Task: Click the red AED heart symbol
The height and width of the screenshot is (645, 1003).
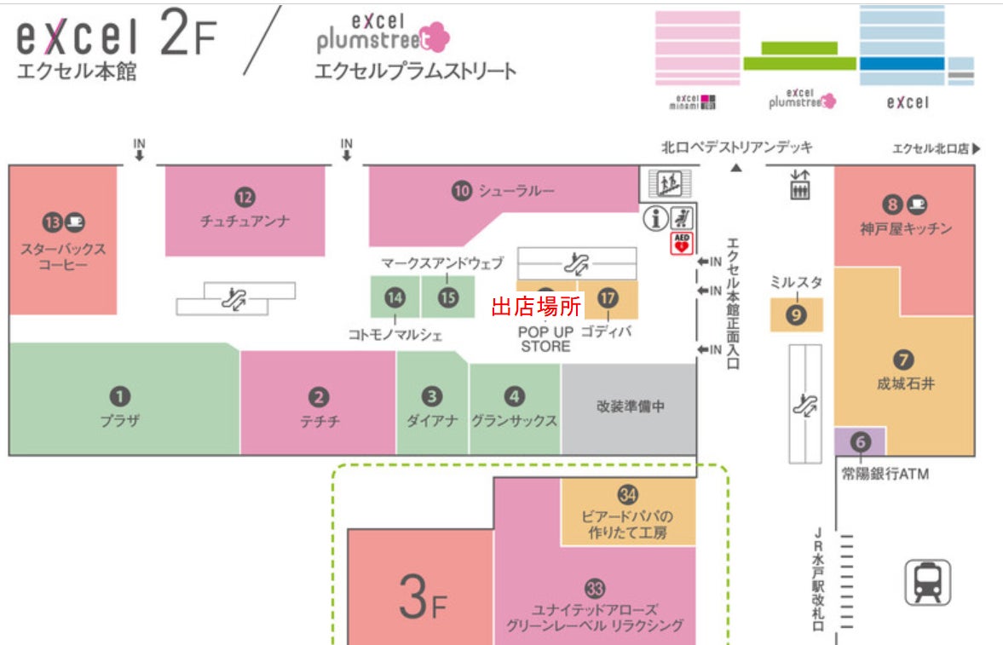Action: point(682,243)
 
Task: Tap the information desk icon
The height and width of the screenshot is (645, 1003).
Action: point(655,218)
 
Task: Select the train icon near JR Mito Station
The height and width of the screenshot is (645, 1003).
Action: point(927,582)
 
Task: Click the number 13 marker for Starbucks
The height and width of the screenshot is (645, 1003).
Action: point(53,222)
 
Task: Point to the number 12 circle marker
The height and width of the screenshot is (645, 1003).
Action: point(245,197)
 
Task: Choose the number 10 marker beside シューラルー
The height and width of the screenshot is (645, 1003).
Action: point(462,190)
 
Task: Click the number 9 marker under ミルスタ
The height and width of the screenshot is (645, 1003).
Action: point(797,314)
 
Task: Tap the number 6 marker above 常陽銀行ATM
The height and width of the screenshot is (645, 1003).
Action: point(861,441)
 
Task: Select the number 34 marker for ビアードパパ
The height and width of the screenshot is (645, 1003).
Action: point(627,494)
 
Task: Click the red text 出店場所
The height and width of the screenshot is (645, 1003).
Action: point(536,307)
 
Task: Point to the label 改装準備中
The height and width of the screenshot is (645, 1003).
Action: point(630,406)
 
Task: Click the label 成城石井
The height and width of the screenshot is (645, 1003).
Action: point(905,383)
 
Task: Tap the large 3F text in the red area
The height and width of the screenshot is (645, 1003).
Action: point(422,597)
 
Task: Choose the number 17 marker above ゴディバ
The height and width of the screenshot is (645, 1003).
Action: point(608,297)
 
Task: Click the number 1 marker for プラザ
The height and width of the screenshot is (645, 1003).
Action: point(119,397)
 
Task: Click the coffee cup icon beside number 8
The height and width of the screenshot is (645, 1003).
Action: point(917,204)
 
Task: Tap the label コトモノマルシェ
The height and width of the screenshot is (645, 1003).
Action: point(395,335)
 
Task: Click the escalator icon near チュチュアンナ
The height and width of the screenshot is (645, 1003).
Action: point(234,299)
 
